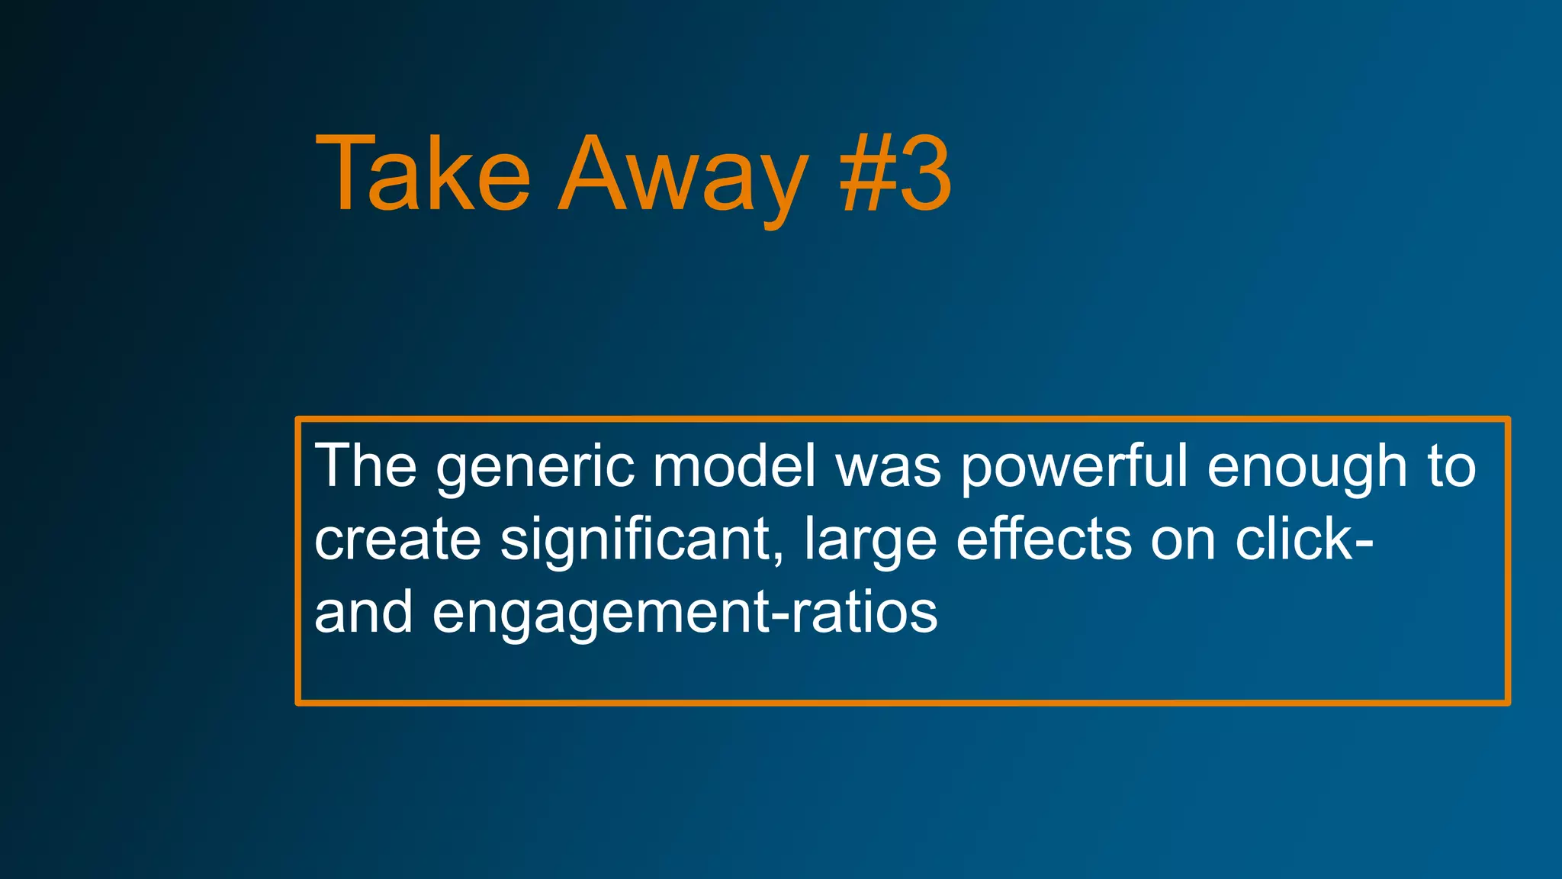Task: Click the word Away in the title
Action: click(683, 175)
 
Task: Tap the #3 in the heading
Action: click(895, 175)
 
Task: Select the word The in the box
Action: click(365, 465)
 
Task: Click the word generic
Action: click(535, 467)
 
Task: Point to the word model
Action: click(734, 465)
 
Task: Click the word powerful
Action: click(1074, 467)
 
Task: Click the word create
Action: click(397, 539)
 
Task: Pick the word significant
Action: click(635, 539)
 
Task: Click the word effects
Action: click(1043, 539)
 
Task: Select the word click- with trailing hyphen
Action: click(1303, 539)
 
